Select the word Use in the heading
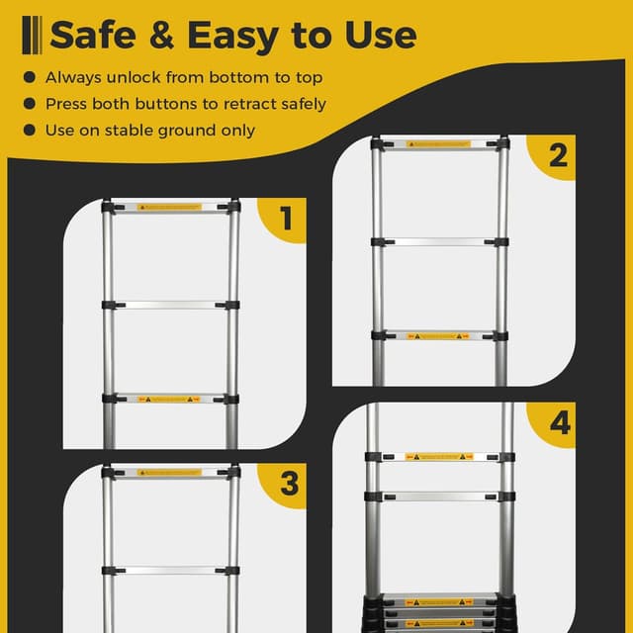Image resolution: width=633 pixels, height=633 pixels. click(x=378, y=37)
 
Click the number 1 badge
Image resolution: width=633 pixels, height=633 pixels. click(x=287, y=219)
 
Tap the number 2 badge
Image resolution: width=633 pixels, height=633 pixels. click(x=558, y=156)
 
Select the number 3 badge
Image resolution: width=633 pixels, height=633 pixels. click(x=289, y=485)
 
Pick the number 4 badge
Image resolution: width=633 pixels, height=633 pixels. click(x=560, y=425)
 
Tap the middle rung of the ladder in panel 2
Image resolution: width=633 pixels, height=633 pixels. click(x=437, y=241)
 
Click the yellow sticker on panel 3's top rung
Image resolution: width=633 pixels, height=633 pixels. click(x=169, y=473)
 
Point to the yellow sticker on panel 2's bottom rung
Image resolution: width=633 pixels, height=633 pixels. click(x=437, y=336)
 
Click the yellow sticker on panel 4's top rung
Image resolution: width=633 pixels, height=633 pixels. click(x=437, y=457)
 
